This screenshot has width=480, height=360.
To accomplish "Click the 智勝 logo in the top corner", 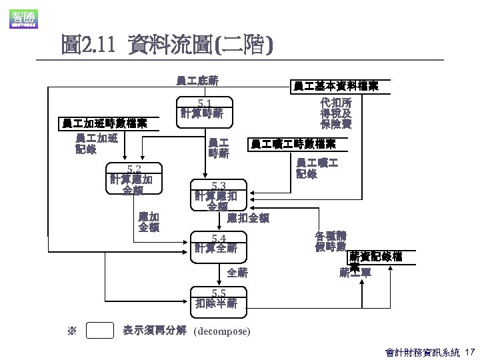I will tap(23, 18).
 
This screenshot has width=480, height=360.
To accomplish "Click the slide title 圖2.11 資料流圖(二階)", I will tap(166, 45).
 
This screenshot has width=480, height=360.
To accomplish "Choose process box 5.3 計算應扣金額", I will tap(218, 195).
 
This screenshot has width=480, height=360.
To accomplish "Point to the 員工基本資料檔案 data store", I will tap(336, 86).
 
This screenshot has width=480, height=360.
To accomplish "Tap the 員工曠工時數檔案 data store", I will tap(293, 144).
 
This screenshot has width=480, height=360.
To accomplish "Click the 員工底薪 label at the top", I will tap(197, 81).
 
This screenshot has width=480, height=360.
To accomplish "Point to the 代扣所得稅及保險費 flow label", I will tap(336, 113).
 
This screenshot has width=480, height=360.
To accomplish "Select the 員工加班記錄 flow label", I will tap(97, 143).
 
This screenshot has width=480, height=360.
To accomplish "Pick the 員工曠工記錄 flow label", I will tap(317, 168).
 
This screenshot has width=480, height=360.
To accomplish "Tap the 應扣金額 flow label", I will tap(248, 217).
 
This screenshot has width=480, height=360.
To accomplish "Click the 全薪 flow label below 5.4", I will tap(237, 272).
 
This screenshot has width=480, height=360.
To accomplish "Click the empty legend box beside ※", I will tap(100, 331).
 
